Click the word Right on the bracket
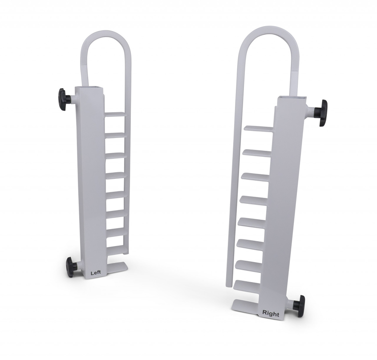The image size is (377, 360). pyautogui.click(x=271, y=313)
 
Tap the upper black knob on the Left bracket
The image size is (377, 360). pyautogui.click(x=62, y=95)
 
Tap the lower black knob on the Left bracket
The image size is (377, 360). pyautogui.click(x=71, y=266)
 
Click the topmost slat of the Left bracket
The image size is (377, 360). pyautogui.click(x=115, y=114)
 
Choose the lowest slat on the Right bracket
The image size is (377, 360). pyautogui.click(x=247, y=283)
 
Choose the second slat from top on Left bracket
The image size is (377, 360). pyautogui.click(x=115, y=134)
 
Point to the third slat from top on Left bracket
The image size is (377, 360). pyautogui.click(x=115, y=154)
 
